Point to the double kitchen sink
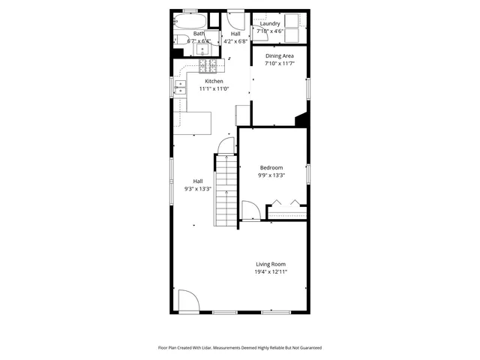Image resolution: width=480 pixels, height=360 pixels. coord(180,90)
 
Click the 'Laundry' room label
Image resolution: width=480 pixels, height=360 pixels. coord(270,24)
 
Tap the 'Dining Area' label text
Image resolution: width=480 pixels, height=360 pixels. coord(279,56)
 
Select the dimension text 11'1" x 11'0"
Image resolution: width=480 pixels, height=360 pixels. coord(214,88)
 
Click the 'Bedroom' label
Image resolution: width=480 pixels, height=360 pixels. coord(271,167)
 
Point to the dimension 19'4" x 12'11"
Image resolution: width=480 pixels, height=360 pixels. coord(271,272)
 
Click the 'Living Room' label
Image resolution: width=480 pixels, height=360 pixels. coord(271,264)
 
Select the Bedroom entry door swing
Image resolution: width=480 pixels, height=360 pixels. coord(250,211)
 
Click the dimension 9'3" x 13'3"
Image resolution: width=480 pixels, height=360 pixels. coord(198,189)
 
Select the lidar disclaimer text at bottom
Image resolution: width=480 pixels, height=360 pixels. coord(239,348)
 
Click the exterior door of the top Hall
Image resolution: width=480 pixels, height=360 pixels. coord(237,19)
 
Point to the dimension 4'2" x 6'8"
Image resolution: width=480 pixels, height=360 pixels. coord(235,42)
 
